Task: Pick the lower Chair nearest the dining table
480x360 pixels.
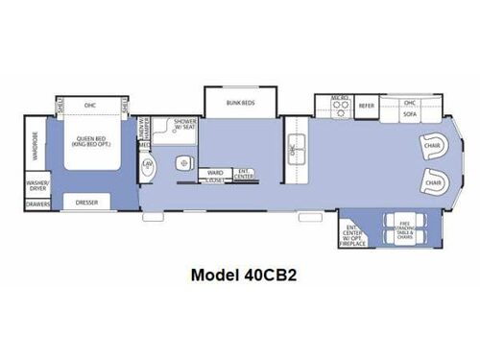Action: [x=434, y=180]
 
